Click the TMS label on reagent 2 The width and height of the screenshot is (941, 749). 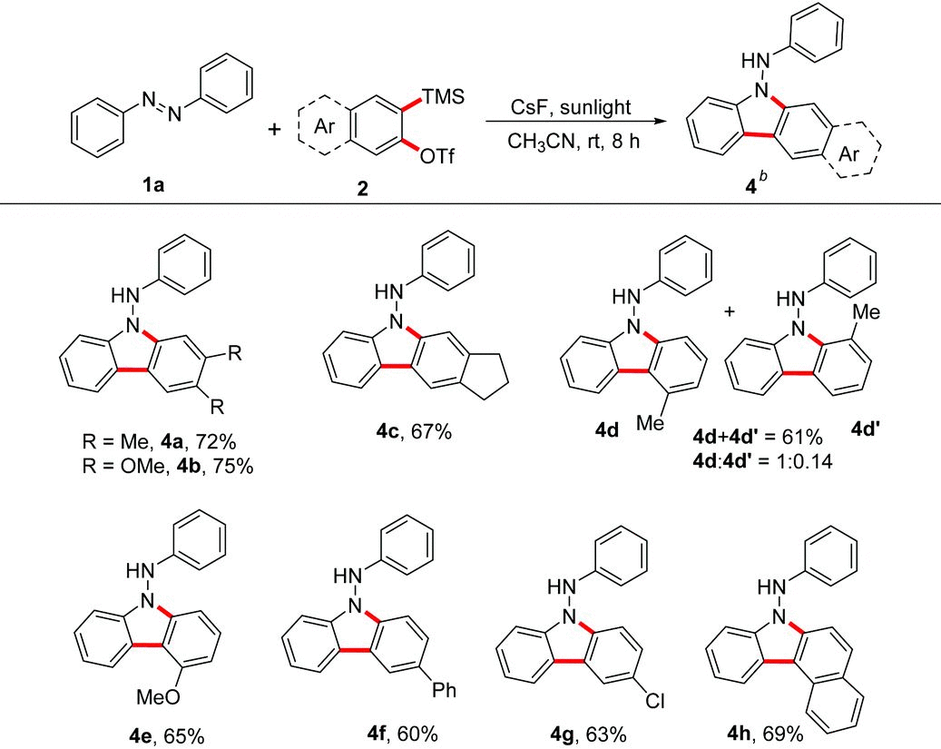tap(443, 97)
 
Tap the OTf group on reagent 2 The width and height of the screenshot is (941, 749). tap(436, 157)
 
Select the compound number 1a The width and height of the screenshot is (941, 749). tap(153, 185)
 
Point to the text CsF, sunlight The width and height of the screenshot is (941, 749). tap(571, 107)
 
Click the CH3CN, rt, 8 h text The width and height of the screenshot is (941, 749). tap(573, 142)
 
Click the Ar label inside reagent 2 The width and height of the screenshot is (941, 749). tap(325, 127)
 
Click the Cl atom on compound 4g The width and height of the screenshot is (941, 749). tap(655, 700)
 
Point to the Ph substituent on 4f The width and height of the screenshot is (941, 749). tap(444, 690)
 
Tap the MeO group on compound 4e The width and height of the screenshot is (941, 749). tap(158, 696)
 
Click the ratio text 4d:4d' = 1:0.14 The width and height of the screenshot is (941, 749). tap(761, 460)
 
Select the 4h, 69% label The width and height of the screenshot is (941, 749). tap(765, 734)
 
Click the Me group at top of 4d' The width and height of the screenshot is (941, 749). tap(867, 311)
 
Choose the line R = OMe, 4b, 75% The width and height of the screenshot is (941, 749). tap(168, 466)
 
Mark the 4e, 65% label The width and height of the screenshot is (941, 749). tap(168, 735)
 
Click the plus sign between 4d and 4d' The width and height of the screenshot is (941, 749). tap(730, 311)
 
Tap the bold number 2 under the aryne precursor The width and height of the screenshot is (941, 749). tap(362, 189)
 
